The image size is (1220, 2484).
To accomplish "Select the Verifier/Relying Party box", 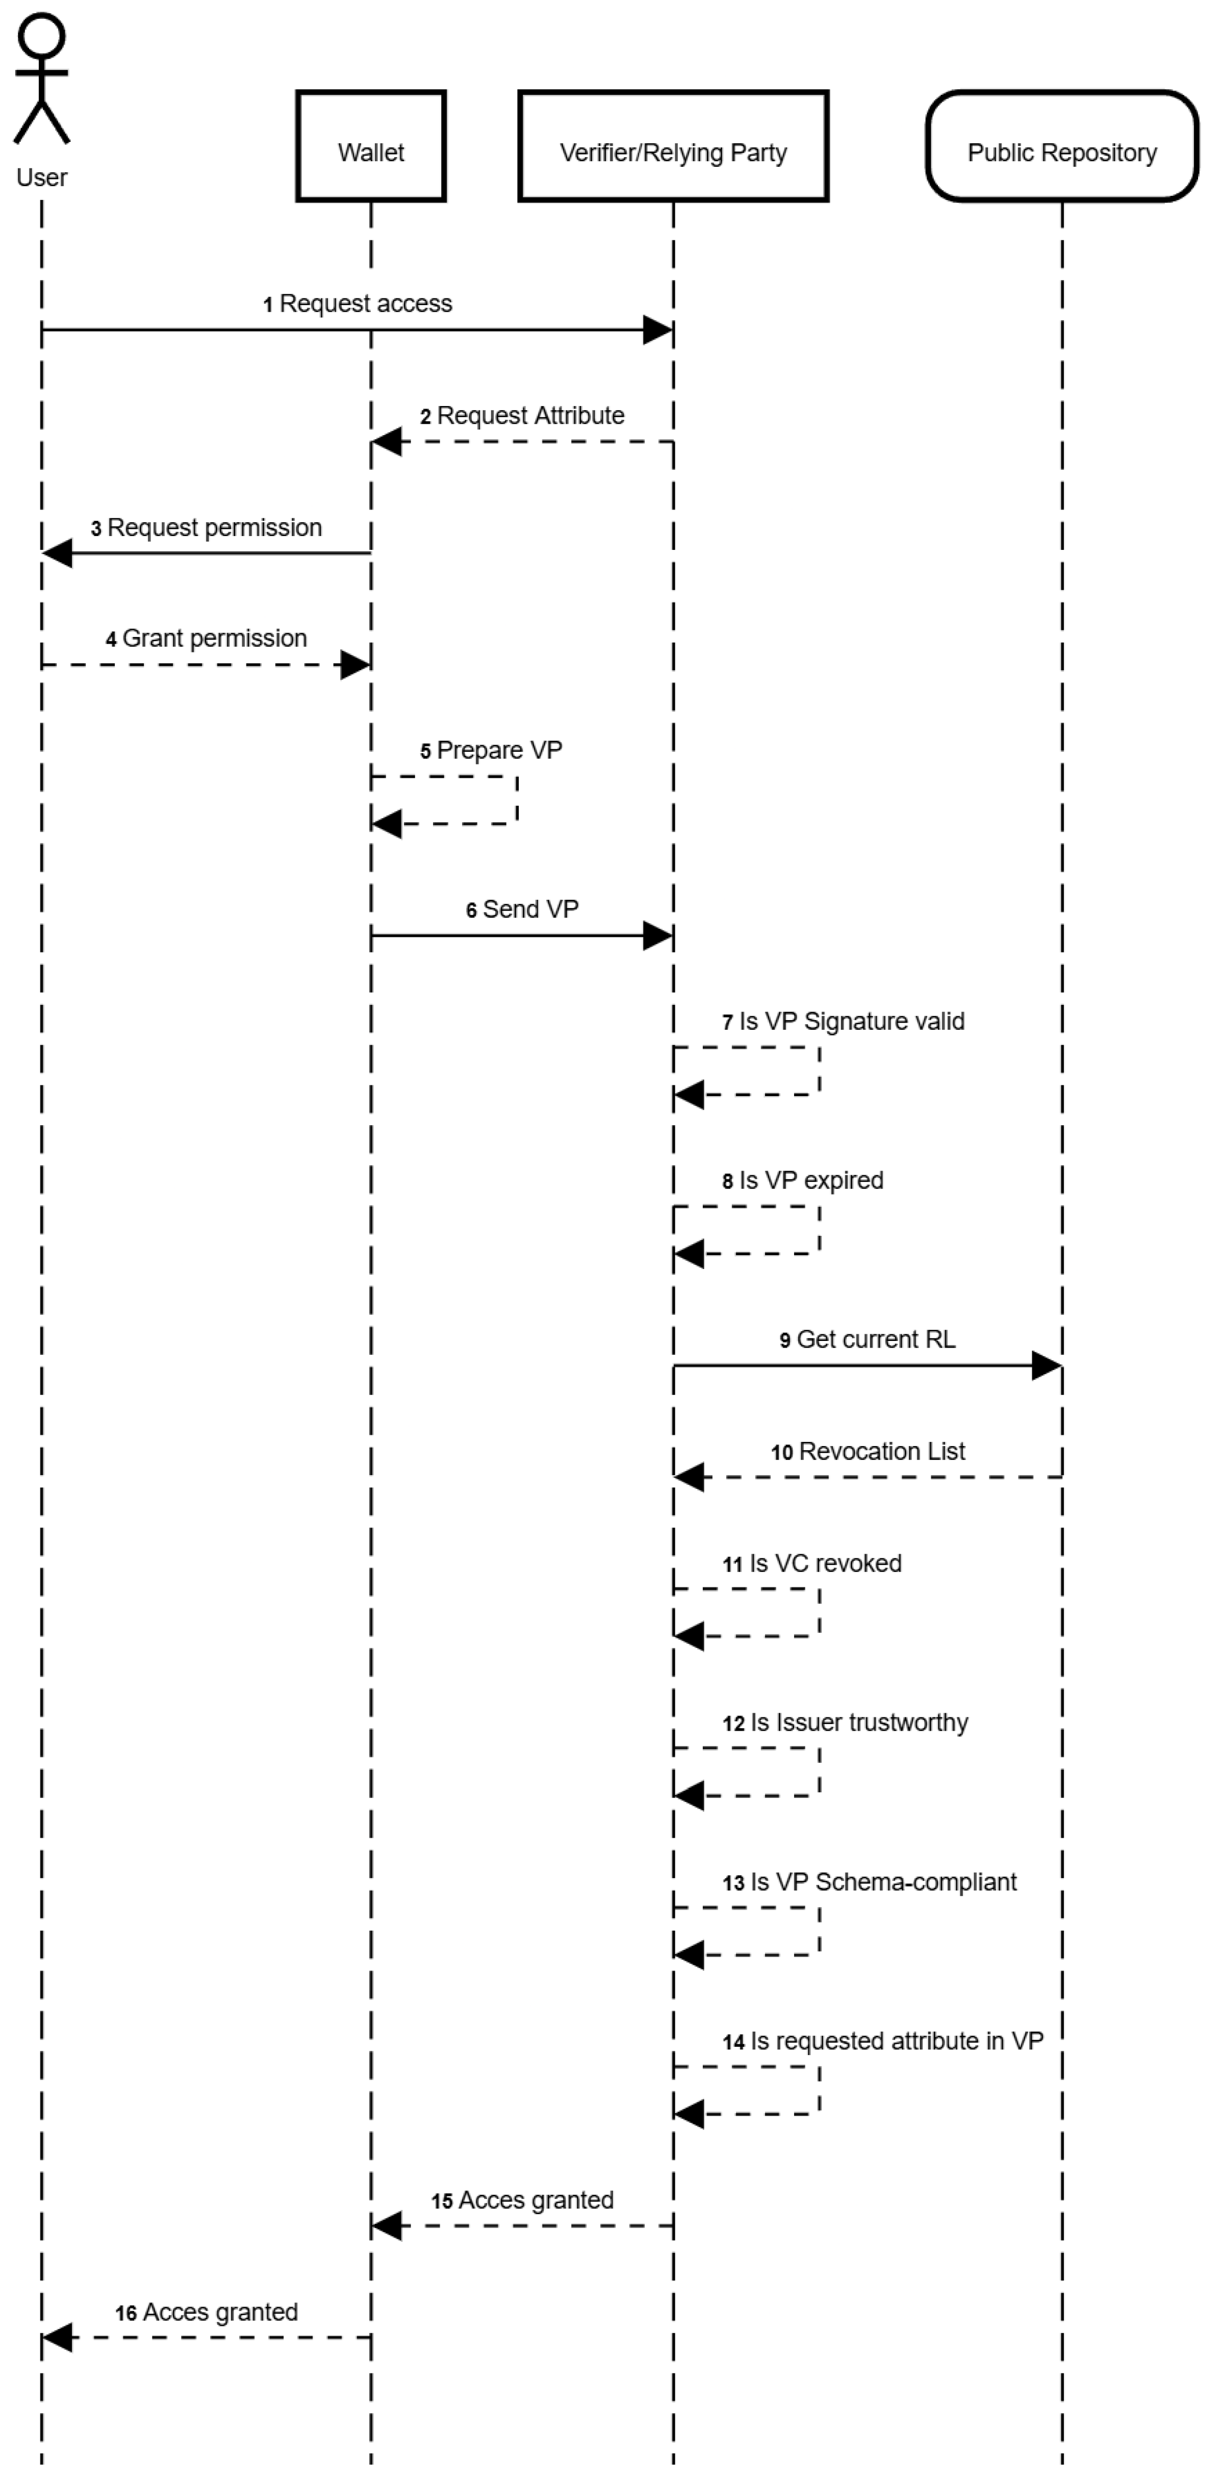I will (673, 146).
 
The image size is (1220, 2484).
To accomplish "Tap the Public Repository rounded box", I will (1062, 146).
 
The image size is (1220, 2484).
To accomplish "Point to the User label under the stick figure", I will (41, 178).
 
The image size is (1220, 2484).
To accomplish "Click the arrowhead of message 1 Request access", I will (658, 330).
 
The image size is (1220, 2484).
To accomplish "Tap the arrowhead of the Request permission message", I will (58, 553).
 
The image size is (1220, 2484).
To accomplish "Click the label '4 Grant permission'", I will (207, 639).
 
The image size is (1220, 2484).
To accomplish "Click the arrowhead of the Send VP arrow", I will (658, 935).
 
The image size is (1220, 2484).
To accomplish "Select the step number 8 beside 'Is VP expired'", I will (728, 1181).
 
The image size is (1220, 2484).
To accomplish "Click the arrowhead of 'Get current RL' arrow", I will (1047, 1365).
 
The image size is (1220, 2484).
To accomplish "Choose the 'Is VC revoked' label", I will (826, 1563).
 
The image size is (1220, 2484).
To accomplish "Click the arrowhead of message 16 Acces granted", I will (58, 2338).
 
